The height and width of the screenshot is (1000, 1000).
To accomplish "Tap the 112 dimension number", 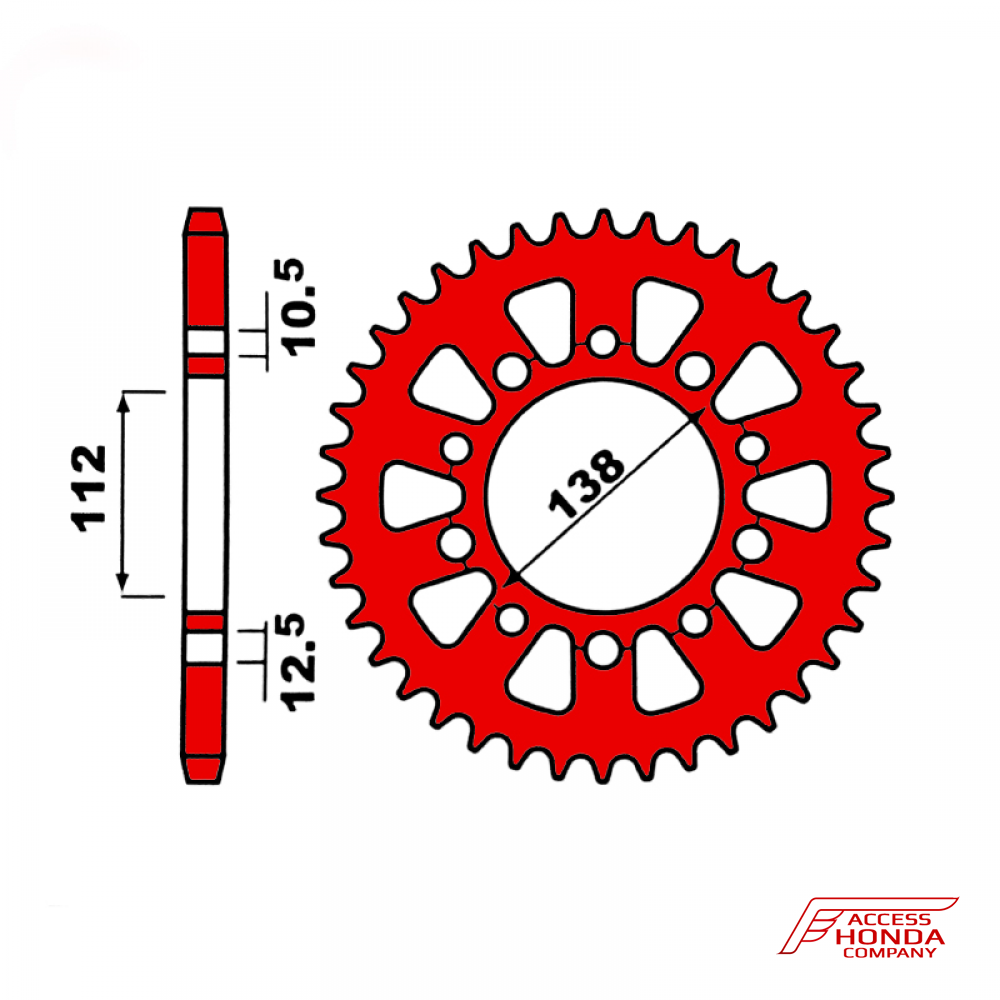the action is (x=89, y=489).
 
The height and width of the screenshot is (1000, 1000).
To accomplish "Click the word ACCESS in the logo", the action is (x=889, y=919).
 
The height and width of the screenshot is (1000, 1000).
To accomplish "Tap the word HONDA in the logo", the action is (x=889, y=937).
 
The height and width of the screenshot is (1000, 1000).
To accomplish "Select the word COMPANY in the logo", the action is (x=889, y=953).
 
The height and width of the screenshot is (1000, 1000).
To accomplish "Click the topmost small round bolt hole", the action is (x=603, y=341).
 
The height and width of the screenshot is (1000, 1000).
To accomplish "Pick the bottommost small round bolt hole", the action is (x=603, y=651).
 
